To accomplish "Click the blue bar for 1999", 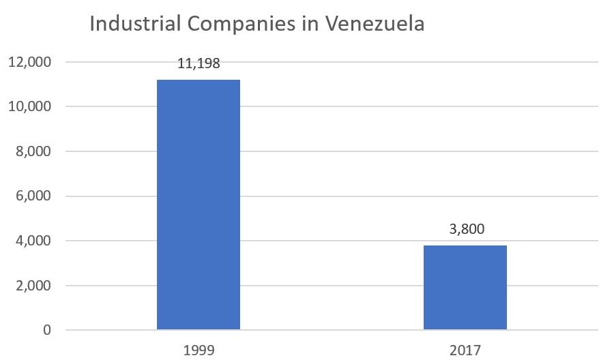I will click(198, 205).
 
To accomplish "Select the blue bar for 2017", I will click(465, 287).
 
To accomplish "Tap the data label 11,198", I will click(198, 64).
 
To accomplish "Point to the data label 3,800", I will click(465, 229).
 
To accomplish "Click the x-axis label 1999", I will click(198, 350).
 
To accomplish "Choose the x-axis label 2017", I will click(465, 350).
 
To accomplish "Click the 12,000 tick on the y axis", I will click(29, 62).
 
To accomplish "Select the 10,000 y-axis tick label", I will click(29, 107).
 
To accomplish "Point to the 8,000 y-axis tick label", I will click(32, 151).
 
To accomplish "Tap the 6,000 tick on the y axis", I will click(32, 196).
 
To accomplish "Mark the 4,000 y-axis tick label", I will click(32, 241).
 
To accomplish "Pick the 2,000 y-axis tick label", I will click(32, 286).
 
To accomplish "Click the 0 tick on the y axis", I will click(46, 331).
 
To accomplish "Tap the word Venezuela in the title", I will click(375, 24).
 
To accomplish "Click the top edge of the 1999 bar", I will click(198, 80).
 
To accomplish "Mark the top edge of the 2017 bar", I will click(465, 245).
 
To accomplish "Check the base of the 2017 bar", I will click(465, 329).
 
